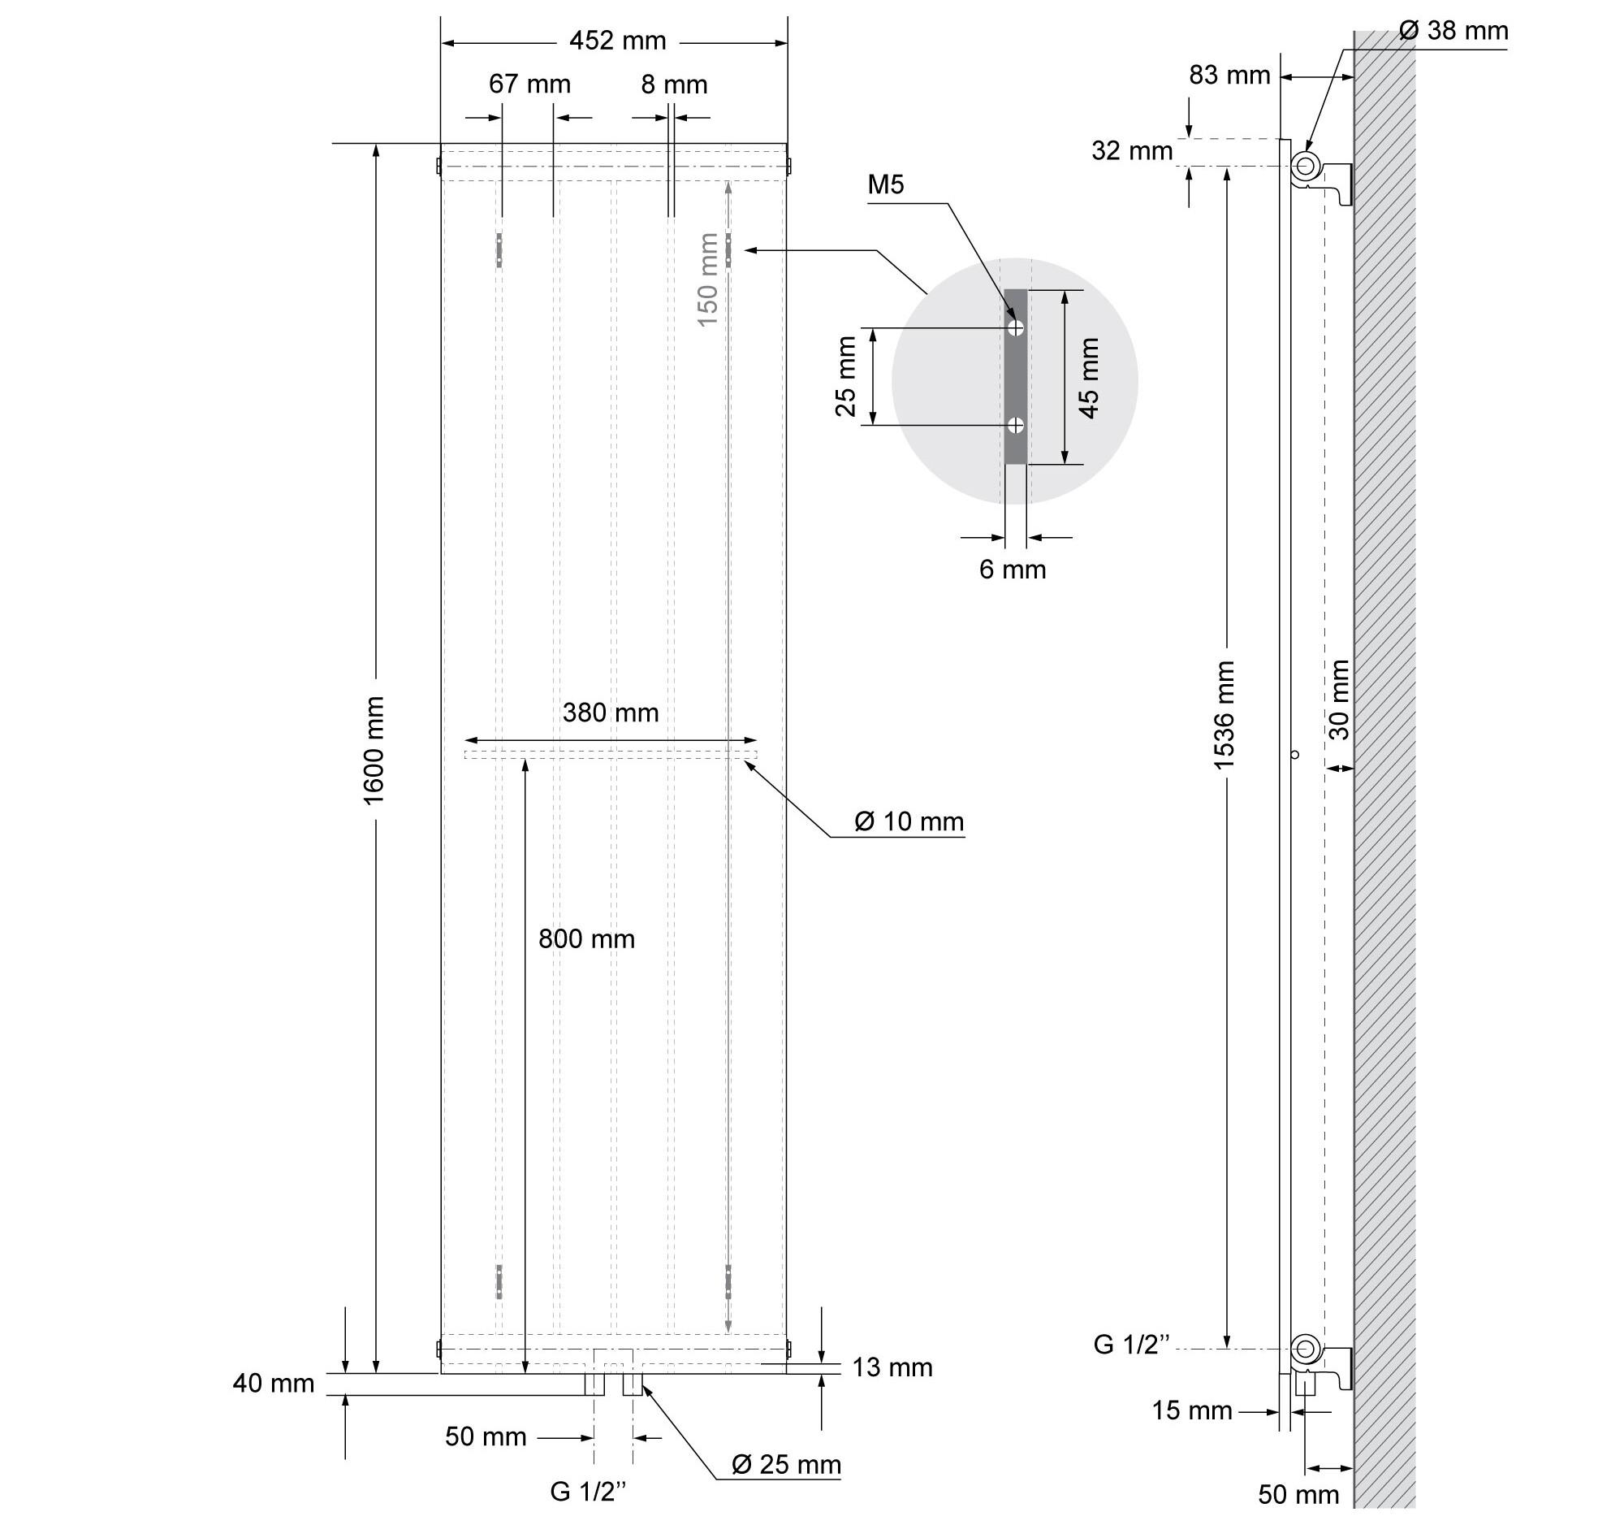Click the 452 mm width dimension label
click(618, 41)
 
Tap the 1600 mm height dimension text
click(374, 750)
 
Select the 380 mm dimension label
click(611, 713)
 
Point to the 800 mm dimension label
click(586, 939)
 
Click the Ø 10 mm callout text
click(909, 821)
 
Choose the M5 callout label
click(886, 184)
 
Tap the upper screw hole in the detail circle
click(1017, 327)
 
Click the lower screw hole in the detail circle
click(1017, 425)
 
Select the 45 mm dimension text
click(1089, 378)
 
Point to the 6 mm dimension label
click(1013, 570)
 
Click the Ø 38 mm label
click(1454, 31)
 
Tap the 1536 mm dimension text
click(1224, 715)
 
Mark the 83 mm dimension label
click(1229, 76)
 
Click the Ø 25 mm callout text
click(787, 1465)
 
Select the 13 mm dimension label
click(893, 1367)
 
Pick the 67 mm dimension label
click(529, 84)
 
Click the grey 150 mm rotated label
click(708, 279)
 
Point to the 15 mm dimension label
click(1192, 1410)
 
